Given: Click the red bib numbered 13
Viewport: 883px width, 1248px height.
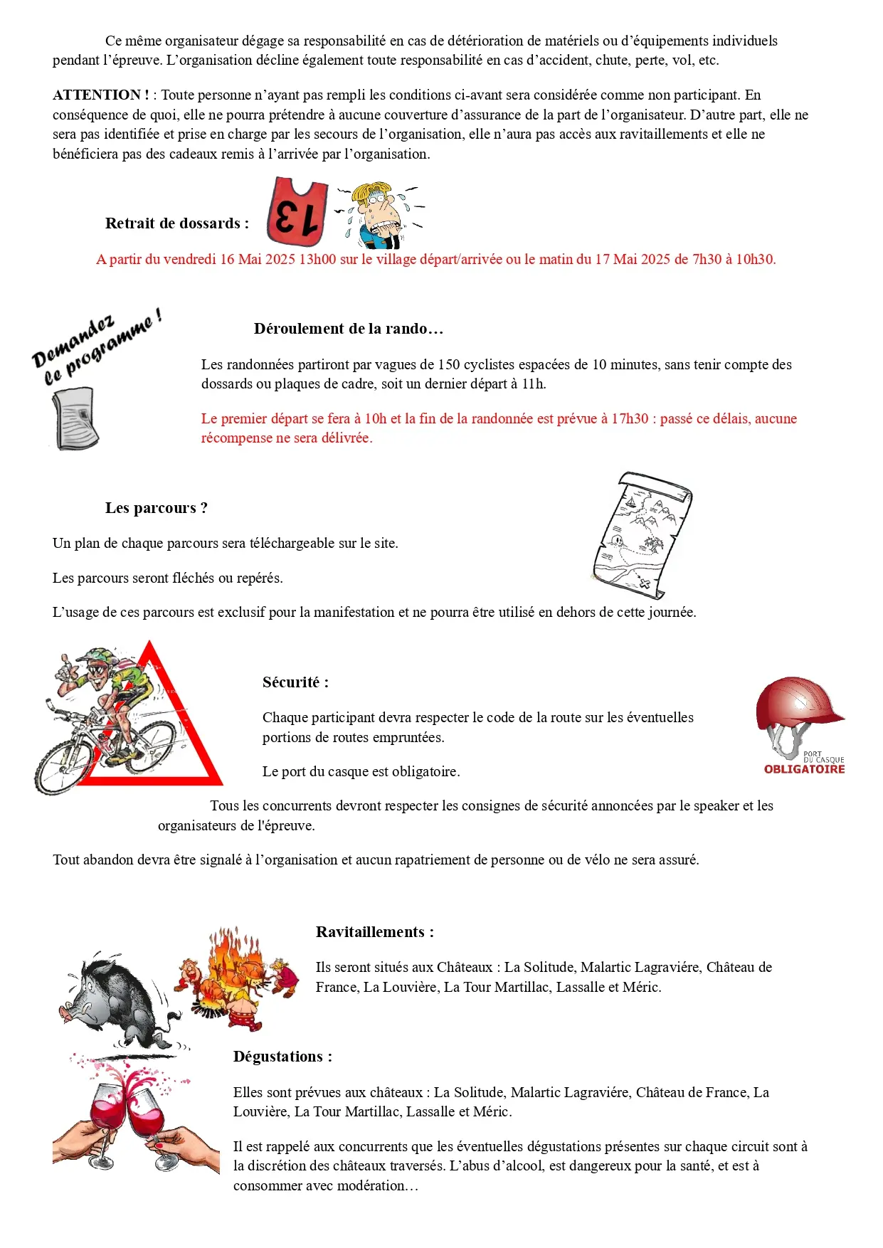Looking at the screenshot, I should click(x=297, y=212).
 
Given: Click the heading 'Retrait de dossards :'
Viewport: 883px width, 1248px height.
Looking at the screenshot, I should click(x=177, y=223).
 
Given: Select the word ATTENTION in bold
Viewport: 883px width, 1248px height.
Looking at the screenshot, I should click(x=97, y=95).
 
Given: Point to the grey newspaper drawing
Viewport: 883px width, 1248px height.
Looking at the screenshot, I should click(x=75, y=418).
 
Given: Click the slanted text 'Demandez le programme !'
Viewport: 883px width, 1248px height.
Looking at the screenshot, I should click(x=96, y=347).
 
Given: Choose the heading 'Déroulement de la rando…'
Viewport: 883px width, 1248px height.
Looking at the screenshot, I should click(x=349, y=329).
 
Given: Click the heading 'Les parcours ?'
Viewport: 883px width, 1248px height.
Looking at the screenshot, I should click(x=157, y=508).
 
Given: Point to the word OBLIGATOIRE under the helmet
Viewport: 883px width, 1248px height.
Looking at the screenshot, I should click(x=804, y=769).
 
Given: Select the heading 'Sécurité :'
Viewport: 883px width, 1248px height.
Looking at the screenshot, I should click(x=295, y=682).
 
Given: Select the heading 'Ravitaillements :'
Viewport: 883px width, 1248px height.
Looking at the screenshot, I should click(x=374, y=932).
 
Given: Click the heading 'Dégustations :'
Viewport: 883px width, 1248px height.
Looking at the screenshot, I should click(x=282, y=1057).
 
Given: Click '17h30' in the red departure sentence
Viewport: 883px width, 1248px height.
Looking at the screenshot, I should click(x=629, y=418).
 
